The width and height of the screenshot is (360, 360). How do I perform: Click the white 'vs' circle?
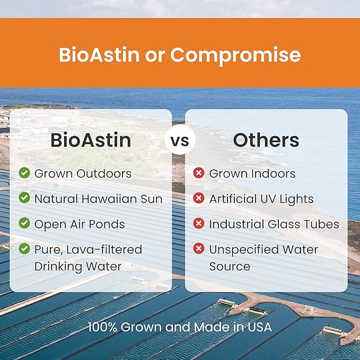pyautogui.click(x=180, y=141)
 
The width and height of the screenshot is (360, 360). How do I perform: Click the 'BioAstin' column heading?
pyautogui.click(x=90, y=141)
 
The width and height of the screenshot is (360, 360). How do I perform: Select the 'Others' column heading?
pyautogui.click(x=266, y=141)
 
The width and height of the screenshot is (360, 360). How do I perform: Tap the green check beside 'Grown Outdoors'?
pyautogui.click(x=24, y=173)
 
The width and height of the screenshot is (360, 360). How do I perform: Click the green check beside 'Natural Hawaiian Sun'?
pyautogui.click(x=24, y=198)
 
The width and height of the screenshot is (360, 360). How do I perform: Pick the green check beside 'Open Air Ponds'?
pyautogui.click(x=24, y=224)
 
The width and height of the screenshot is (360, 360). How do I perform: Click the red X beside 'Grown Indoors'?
pyautogui.click(x=199, y=173)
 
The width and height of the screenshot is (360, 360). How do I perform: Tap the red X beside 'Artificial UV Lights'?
pyautogui.click(x=199, y=198)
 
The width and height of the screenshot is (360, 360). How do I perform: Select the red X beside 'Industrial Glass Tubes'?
pyautogui.click(x=199, y=224)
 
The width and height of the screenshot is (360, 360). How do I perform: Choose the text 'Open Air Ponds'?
pyautogui.click(x=80, y=224)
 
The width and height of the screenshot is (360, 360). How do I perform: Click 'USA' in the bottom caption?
pyautogui.click(x=259, y=327)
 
